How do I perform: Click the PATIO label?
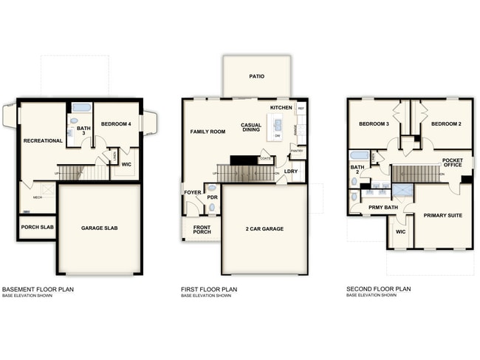[x=256, y=76]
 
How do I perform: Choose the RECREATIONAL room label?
[x=42, y=140]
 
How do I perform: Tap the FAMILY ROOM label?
[x=208, y=132]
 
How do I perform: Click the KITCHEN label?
[x=281, y=108]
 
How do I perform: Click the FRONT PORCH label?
[x=202, y=229]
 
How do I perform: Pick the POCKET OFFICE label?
[x=452, y=163]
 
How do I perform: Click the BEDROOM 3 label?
[x=374, y=123]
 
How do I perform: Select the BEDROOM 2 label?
[x=446, y=123]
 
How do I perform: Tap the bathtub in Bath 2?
[x=358, y=156]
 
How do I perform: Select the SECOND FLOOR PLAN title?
[x=378, y=289]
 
